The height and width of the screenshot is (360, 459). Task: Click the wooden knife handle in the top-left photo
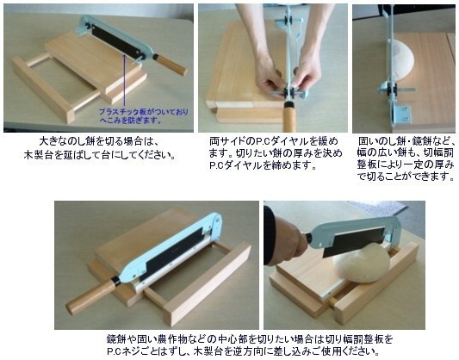pyautogui.click(x=171, y=65)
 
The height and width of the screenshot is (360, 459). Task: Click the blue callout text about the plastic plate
pyautogui.click(x=144, y=116)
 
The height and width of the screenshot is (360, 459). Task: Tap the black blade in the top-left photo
pyautogui.click(x=117, y=42)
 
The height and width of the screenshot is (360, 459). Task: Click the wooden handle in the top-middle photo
pyautogui.click(x=289, y=116)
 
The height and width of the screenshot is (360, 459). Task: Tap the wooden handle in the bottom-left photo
pyautogui.click(x=91, y=296)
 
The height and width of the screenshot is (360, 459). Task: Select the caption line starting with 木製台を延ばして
pyautogui.click(x=100, y=154)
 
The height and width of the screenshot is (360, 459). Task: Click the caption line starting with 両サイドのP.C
pyautogui.click(x=273, y=141)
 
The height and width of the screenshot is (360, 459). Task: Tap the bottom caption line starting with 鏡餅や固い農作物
pyautogui.click(x=249, y=339)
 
